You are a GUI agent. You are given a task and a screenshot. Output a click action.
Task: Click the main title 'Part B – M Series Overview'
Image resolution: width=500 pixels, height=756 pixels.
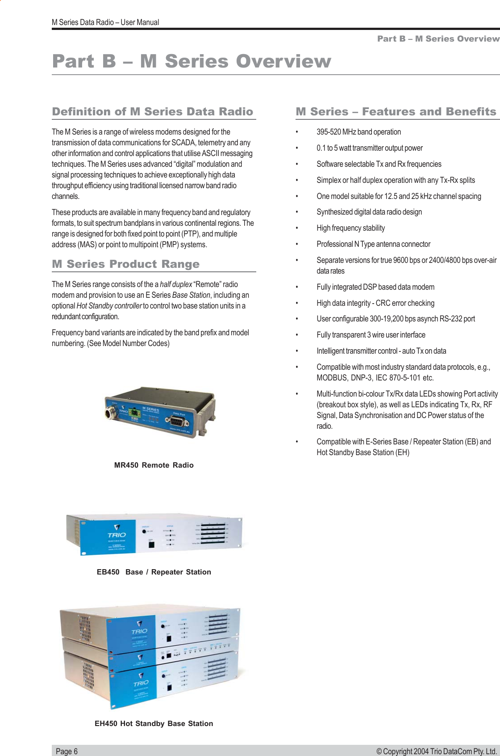pos(192,61)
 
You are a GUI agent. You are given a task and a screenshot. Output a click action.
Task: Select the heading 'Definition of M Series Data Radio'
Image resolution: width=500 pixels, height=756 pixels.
pos(153,112)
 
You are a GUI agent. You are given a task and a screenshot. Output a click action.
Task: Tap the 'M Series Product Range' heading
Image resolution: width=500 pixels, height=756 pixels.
pos(125,264)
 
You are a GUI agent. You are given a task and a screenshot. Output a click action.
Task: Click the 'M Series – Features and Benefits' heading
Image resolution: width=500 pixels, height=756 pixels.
pos(396,112)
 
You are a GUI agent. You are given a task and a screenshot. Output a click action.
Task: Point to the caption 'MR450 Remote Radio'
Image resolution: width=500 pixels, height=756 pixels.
pos(154,465)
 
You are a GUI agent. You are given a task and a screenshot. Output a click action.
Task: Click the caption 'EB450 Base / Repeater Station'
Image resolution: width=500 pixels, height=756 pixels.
pos(154,572)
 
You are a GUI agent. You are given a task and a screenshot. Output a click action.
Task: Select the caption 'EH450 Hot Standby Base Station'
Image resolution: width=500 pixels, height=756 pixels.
pos(154,723)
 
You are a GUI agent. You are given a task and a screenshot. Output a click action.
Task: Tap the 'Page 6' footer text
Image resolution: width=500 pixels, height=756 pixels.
pos(67,751)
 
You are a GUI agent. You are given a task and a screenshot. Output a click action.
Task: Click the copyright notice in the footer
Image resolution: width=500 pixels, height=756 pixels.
pos(436,751)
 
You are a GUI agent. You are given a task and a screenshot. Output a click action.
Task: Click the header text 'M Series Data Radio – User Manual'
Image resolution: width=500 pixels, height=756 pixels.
pos(105,22)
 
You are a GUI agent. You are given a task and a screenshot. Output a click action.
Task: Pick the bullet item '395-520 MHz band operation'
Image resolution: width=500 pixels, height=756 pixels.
pos(358,132)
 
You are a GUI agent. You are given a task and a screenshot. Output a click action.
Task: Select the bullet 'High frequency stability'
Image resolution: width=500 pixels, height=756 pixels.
pos(350,228)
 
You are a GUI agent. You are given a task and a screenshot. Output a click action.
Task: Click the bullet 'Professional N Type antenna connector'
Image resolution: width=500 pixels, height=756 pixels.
pos(373,244)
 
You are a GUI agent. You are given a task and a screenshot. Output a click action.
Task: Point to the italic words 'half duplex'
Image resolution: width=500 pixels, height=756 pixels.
pos(176,284)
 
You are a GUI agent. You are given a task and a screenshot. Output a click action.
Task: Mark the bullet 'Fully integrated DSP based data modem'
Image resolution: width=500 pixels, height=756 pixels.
pos(375,287)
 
